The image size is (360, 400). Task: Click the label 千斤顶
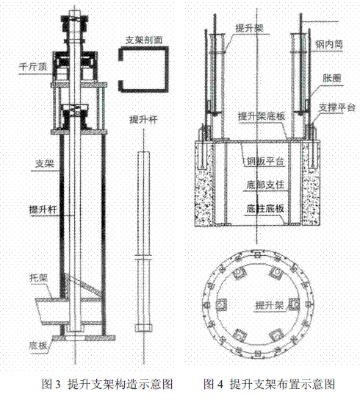click(x=33, y=67)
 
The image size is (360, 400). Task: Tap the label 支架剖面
click(x=144, y=40)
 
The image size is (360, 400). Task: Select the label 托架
click(x=39, y=278)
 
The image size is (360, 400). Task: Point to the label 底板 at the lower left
click(x=38, y=346)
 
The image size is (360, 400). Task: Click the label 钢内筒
click(x=329, y=44)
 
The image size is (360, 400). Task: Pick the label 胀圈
click(x=332, y=78)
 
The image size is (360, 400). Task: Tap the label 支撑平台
click(x=336, y=107)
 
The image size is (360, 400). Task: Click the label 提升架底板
click(x=262, y=116)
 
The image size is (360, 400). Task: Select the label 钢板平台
click(x=265, y=161)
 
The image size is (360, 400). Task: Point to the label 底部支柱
click(x=265, y=185)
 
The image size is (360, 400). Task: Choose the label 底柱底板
click(x=265, y=209)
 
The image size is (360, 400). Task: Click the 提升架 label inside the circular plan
click(x=270, y=305)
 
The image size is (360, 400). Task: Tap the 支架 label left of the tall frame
click(x=45, y=163)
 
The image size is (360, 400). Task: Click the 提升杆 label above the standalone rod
click(x=143, y=119)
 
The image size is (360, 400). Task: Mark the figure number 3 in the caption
click(x=57, y=384)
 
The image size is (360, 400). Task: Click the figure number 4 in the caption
click(x=220, y=384)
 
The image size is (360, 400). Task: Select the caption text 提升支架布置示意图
click(x=282, y=384)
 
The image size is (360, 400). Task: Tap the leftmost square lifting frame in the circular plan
click(x=221, y=304)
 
